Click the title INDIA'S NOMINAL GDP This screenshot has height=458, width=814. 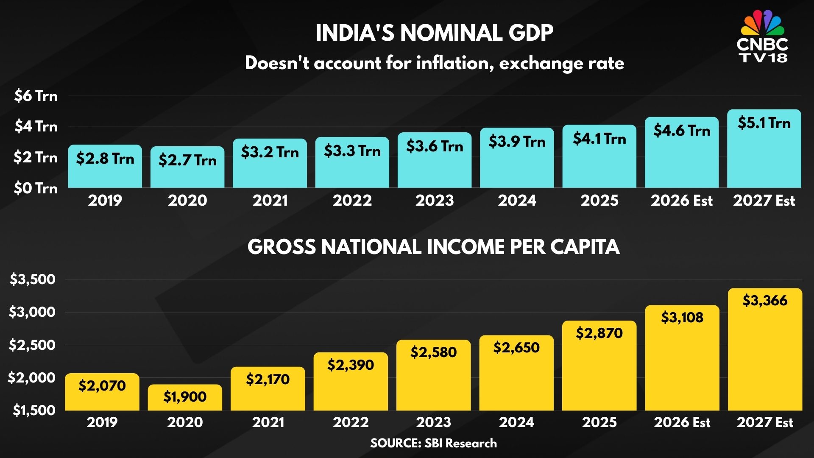tap(434, 33)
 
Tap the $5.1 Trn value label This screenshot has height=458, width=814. tap(764, 123)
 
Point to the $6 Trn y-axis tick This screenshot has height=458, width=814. tap(36, 96)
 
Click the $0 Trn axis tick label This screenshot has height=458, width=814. tap(36, 188)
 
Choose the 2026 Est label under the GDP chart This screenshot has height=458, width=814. tap(682, 200)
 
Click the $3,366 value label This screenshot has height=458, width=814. tap(765, 300)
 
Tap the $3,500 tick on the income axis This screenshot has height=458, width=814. tap(33, 279)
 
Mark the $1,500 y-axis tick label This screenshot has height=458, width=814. tap(34, 410)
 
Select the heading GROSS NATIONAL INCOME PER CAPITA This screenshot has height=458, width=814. tap(433, 247)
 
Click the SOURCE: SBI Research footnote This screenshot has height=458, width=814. tap(433, 443)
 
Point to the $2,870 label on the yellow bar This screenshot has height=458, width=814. tap(599, 333)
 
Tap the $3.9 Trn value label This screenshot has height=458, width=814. tap(517, 141)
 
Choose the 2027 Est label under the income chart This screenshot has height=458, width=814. tap(765, 422)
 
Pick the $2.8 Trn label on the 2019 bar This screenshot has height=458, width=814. tap(105, 159)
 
